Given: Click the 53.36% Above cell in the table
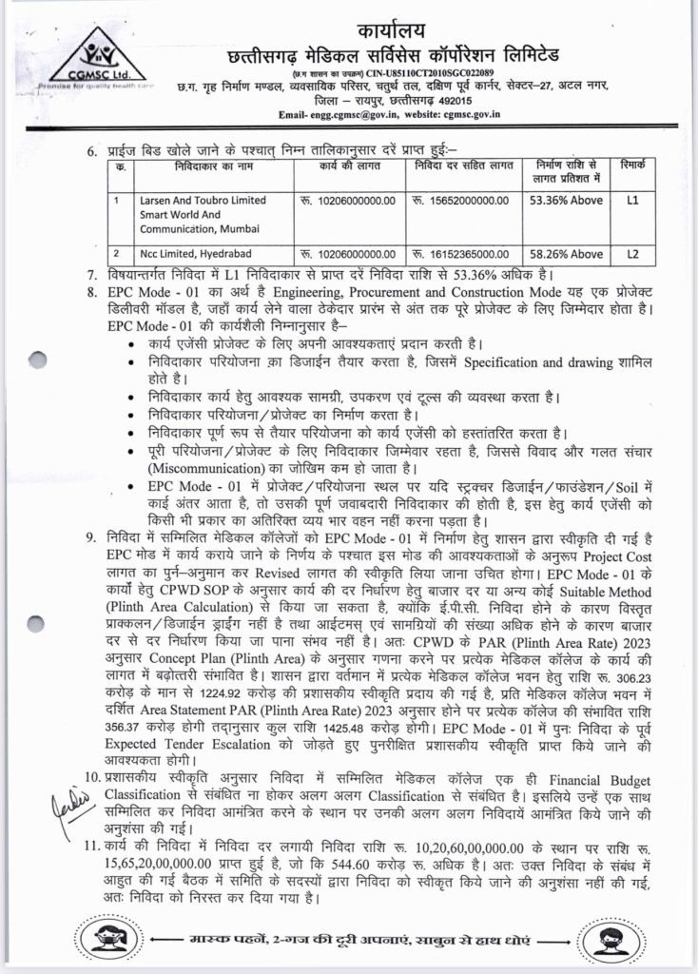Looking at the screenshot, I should (x=565, y=201).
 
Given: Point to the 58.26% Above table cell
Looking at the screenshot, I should (x=565, y=254).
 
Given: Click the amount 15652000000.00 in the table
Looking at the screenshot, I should (x=461, y=201).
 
